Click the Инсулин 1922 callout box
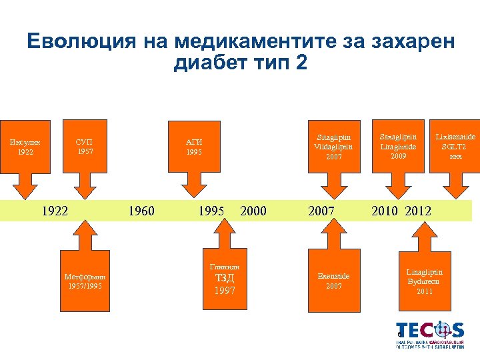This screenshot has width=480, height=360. coord(25,147)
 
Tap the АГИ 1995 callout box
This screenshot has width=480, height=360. coord(193,147)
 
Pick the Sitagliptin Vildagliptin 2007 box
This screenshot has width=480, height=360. coord(333,147)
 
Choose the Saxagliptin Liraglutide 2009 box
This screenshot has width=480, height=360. coord(398,147)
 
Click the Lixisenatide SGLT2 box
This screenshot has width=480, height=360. coord(455,147)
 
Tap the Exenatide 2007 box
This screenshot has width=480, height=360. coord(333,280)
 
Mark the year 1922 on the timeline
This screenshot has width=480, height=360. coord(55,211)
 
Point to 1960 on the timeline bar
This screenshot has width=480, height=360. coord(141,211)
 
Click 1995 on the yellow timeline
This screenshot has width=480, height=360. coord(211,211)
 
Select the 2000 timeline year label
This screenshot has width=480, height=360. coord(253,211)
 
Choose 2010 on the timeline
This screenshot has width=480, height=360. coord(385,211)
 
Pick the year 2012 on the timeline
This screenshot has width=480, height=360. coord(418,211)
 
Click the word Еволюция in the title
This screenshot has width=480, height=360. coord(79,42)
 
